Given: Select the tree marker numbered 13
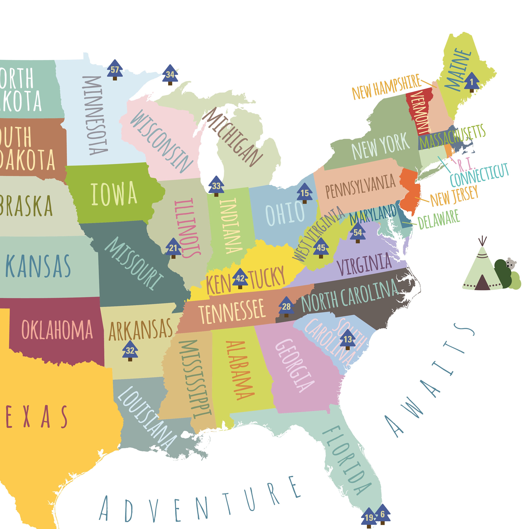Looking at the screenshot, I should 347,339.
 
